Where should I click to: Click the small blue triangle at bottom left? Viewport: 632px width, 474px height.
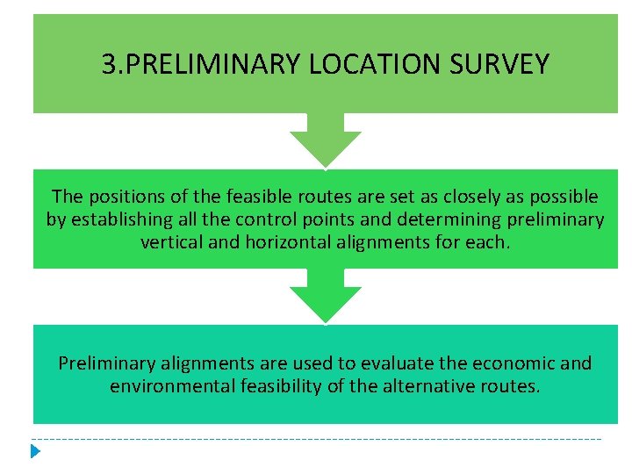[x=35, y=452]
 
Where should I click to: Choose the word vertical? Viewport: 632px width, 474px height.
[x=170, y=241]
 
